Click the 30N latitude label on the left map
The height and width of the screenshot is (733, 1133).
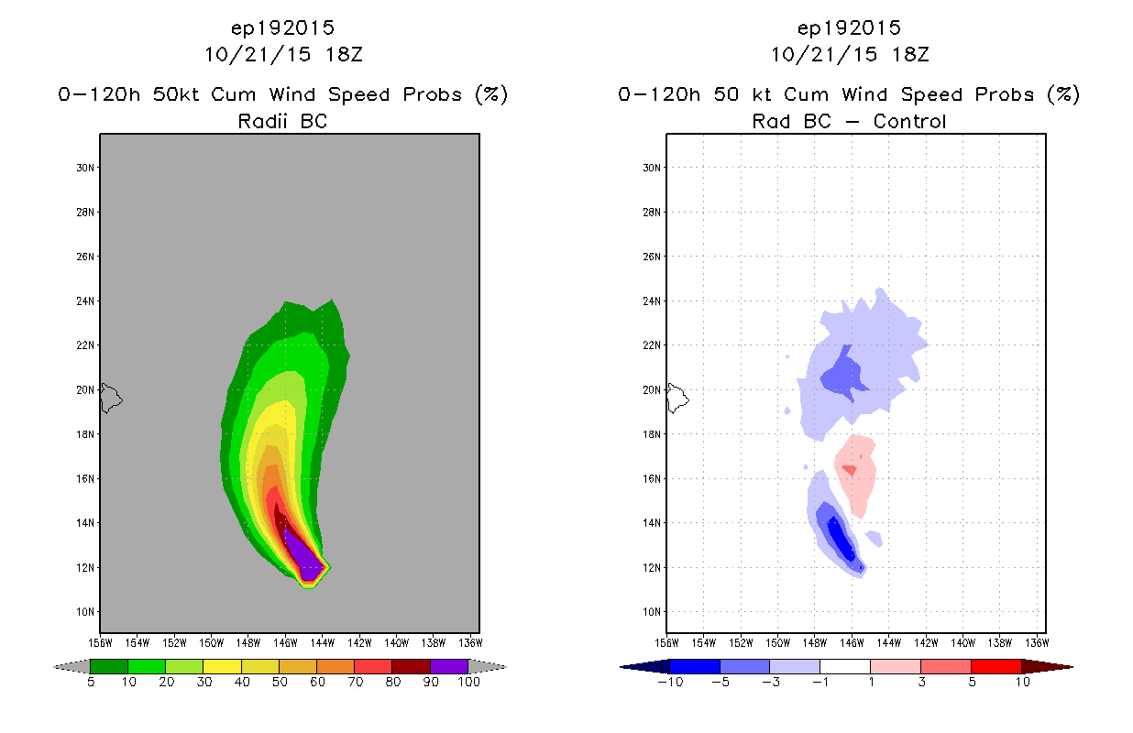[85, 168]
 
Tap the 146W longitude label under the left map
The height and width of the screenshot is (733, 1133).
[285, 643]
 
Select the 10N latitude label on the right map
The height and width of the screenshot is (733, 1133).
[652, 612]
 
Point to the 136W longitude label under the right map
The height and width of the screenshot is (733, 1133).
[1037, 643]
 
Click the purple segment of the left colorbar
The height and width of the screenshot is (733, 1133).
[449, 666]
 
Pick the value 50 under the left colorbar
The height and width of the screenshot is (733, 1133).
[280, 682]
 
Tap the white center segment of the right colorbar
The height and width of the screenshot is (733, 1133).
[845, 666]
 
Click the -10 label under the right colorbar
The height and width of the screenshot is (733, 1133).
[670, 682]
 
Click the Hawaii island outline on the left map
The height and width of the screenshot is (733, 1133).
[110, 398]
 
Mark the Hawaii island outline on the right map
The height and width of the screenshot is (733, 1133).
[676, 398]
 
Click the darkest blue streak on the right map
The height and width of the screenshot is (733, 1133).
[841, 540]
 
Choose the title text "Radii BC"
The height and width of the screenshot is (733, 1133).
[282, 121]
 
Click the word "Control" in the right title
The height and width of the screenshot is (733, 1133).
[909, 121]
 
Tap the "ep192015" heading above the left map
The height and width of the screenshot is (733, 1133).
[282, 27]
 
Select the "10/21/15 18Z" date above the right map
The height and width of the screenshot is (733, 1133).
[850, 54]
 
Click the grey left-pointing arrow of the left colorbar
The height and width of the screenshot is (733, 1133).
[71, 666]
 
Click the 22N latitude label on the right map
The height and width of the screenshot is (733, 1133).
[652, 345]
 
